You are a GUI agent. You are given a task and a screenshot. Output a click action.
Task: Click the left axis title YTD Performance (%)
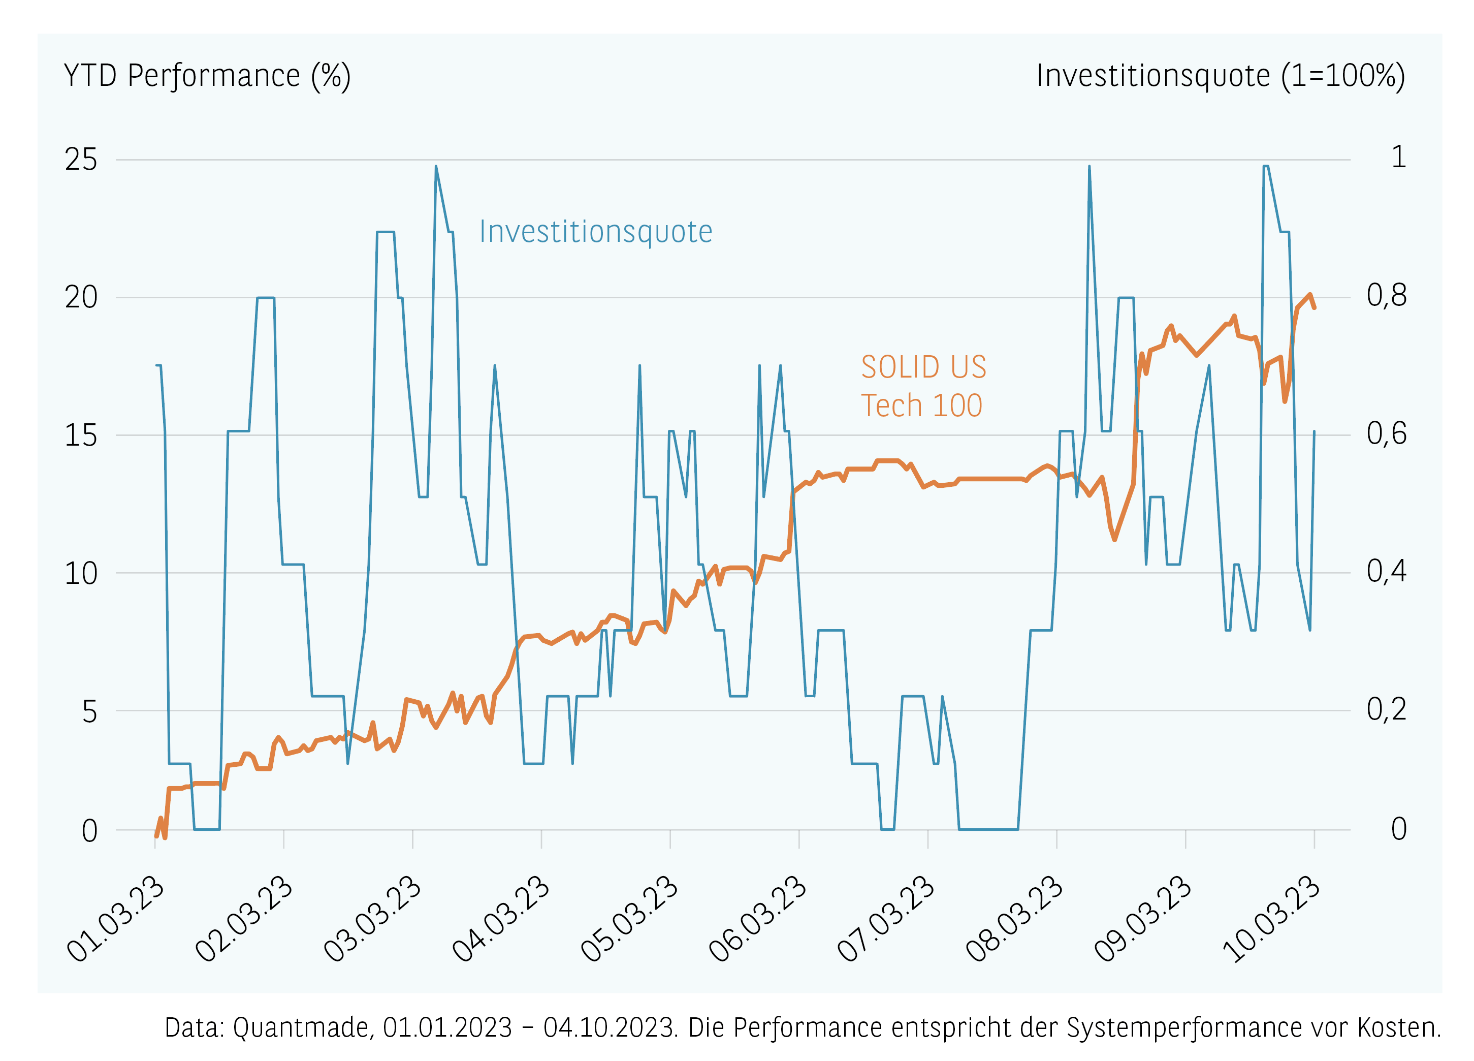[207, 76]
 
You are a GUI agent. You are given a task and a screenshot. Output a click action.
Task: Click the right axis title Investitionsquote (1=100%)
[1221, 76]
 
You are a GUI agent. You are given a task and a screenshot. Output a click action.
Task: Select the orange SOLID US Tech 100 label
[923, 386]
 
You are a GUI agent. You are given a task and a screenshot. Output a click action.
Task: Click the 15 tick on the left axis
[81, 435]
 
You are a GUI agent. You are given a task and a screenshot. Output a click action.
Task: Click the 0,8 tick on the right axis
[1386, 295]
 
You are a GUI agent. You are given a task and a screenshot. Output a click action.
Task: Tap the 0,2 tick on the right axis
[1386, 709]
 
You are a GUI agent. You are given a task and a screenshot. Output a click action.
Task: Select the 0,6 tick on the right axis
[1386, 433]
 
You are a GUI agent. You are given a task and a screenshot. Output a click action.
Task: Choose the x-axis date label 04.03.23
[502, 918]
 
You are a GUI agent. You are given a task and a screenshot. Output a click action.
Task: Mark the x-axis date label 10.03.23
[1272, 918]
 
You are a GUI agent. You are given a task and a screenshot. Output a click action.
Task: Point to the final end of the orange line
[1314, 307]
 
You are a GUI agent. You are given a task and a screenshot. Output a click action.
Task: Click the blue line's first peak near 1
[436, 167]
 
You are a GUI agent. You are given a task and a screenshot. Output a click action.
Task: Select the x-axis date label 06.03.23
[758, 918]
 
